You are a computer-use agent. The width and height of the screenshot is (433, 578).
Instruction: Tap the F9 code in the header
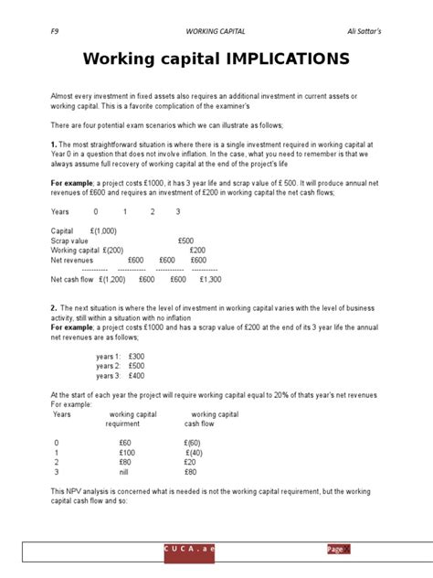(x=55, y=30)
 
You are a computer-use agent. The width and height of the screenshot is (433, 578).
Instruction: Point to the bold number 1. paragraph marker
(x=54, y=144)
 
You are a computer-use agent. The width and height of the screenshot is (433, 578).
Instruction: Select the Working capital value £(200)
(x=108, y=250)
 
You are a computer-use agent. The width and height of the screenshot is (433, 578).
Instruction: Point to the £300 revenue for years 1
(x=137, y=356)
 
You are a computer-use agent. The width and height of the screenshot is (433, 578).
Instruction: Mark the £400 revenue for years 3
(x=137, y=376)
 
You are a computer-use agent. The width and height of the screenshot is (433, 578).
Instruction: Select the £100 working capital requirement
(x=126, y=453)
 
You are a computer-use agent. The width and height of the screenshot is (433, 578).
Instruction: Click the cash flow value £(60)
(x=192, y=443)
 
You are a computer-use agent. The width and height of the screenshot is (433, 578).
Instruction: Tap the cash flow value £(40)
(x=194, y=453)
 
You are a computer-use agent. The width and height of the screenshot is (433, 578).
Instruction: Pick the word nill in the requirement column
(x=126, y=473)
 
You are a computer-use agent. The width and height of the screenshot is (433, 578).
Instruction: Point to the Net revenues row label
(x=72, y=260)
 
